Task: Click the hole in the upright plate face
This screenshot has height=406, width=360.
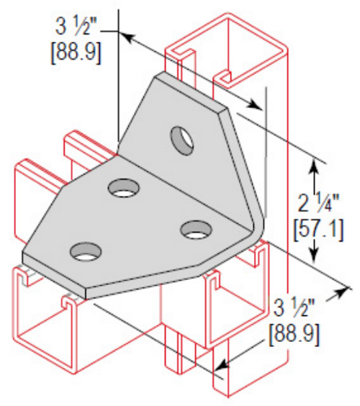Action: click(x=182, y=139)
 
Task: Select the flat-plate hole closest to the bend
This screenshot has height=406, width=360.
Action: click(x=195, y=230)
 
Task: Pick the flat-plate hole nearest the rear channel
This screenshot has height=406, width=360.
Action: click(x=124, y=189)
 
